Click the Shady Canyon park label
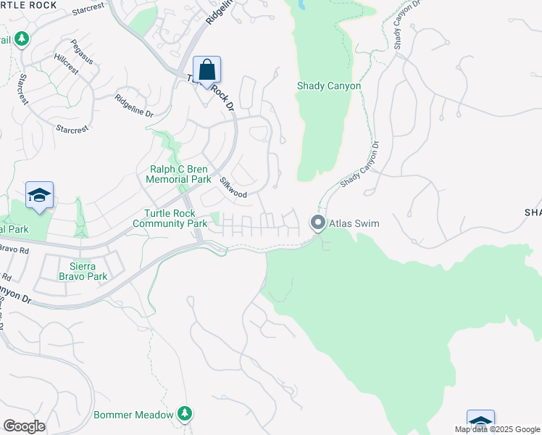[x=328, y=86]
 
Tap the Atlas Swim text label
[x=355, y=223]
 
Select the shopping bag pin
[x=207, y=71]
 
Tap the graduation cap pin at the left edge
[x=39, y=196]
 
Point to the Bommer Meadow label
[x=133, y=415]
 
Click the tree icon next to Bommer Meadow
[x=185, y=414]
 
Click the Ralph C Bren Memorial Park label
[x=178, y=174]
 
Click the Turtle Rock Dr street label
[x=212, y=92]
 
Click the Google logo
[x=24, y=426]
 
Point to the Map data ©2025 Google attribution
[x=497, y=429]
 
